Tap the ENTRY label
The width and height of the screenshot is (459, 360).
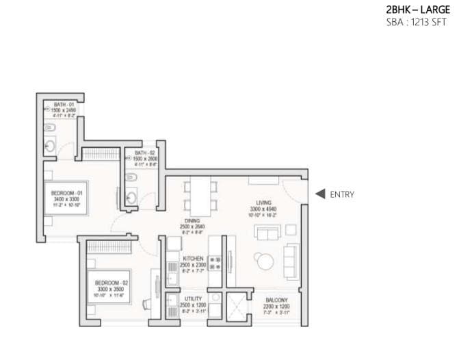coord(342,194)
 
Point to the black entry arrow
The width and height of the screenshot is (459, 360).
coord(319,194)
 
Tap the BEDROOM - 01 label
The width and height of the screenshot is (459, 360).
coord(67,194)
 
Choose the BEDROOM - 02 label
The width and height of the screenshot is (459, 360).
coord(111,282)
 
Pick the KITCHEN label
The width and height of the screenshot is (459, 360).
coord(193,258)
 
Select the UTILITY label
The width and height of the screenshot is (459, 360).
coord(193,299)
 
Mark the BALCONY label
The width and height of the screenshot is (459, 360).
coord(276,300)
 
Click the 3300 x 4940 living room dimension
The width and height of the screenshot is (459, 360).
coord(265,209)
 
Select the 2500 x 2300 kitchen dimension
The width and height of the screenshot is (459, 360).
coord(193,264)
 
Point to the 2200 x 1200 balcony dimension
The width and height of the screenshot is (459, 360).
coord(276,306)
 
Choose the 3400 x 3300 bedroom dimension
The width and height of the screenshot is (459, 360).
coord(67,199)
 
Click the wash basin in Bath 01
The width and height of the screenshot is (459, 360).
coord(50,146)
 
